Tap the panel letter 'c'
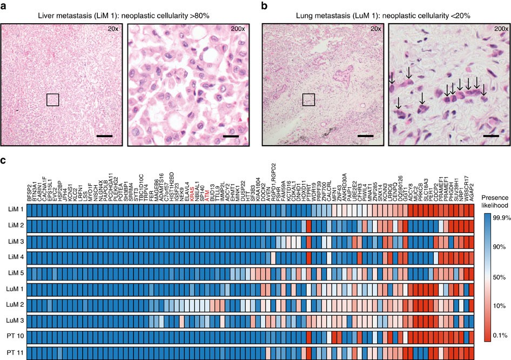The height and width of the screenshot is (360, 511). [x=4, y=160]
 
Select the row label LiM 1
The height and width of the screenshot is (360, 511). [x=14, y=209]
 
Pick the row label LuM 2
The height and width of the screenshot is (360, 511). [x=14, y=304]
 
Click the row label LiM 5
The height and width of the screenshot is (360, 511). [x=14, y=273]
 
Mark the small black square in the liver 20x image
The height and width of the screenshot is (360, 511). [x=52, y=100]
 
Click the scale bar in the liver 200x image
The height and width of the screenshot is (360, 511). [x=230, y=136]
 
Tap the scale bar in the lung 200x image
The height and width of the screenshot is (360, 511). [x=491, y=136]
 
